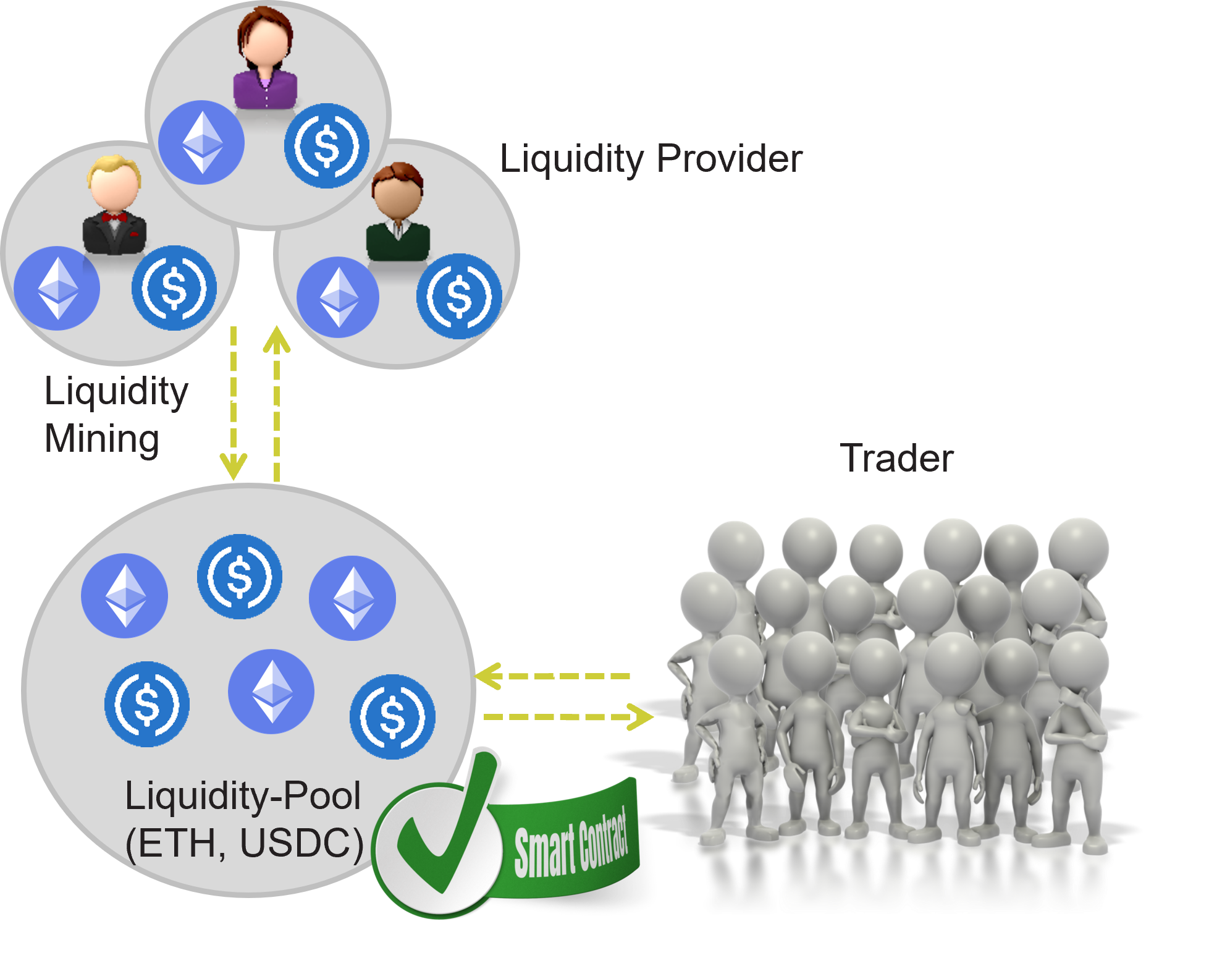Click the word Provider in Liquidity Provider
729,159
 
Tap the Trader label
898,458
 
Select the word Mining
103,439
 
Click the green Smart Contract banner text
571,843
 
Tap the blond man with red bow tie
114,207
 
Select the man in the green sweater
398,213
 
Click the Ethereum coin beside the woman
201,142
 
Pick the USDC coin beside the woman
327,145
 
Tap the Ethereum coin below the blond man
57,288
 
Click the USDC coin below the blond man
174,287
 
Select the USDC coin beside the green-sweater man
458,296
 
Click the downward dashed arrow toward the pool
234,402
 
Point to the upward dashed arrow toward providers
276,402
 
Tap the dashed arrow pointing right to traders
568,717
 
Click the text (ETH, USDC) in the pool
244,843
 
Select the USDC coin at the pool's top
240,576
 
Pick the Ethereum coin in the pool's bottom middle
271,691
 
